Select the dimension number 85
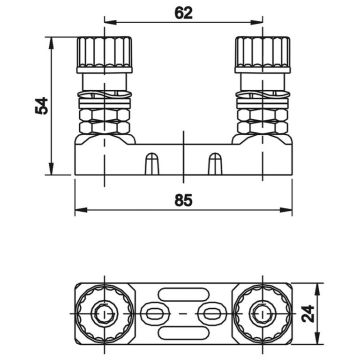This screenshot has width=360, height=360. coord(180,199)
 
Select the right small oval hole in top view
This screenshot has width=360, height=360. coord(209,314)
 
